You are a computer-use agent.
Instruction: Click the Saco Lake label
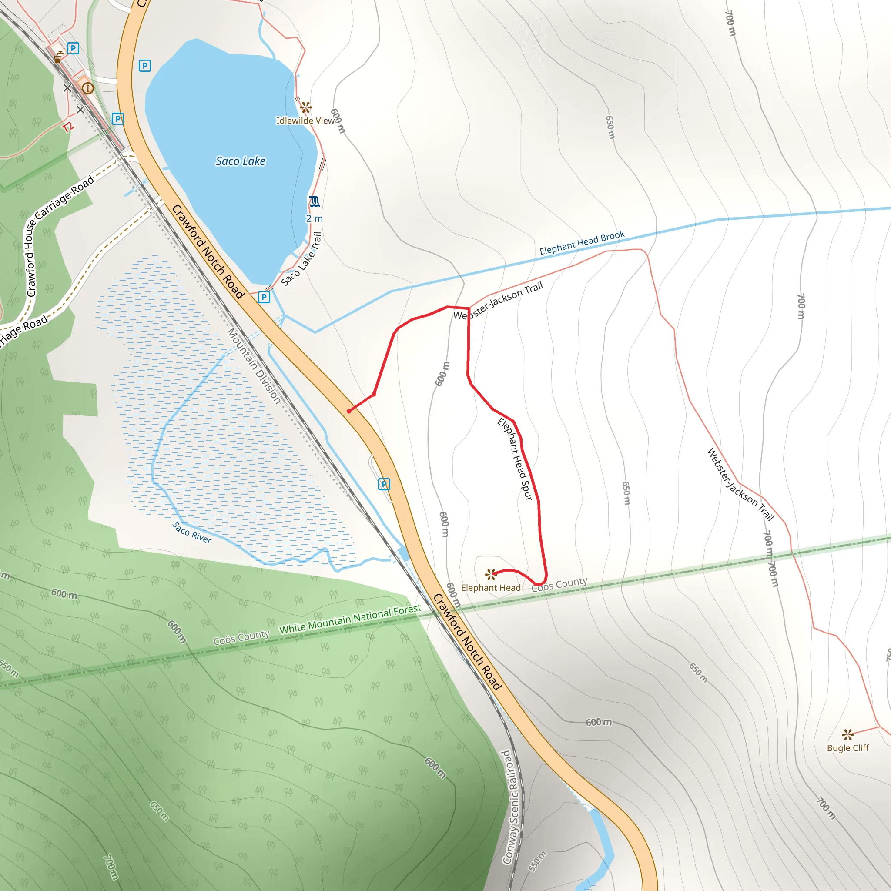240,161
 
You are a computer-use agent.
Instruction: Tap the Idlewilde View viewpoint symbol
305,108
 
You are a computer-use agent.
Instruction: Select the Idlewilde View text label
305,121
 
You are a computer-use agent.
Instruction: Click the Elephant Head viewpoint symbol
491,574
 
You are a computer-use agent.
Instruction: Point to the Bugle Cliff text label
847,748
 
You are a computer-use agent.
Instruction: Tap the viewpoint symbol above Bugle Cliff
847,734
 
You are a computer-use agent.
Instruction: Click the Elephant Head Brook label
582,243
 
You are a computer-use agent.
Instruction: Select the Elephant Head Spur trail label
515,459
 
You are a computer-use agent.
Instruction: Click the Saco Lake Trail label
301,259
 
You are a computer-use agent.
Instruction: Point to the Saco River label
192,533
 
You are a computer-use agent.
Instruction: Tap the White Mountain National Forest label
350,619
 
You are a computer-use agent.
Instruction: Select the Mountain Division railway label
254,366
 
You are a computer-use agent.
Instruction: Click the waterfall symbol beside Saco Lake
315,201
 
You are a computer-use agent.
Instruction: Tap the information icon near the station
87,88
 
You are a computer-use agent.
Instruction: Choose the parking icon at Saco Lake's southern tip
264,297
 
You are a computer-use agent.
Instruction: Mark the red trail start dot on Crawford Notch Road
349,411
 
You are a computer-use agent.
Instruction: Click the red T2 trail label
68,127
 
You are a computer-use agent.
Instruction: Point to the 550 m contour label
537,861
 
